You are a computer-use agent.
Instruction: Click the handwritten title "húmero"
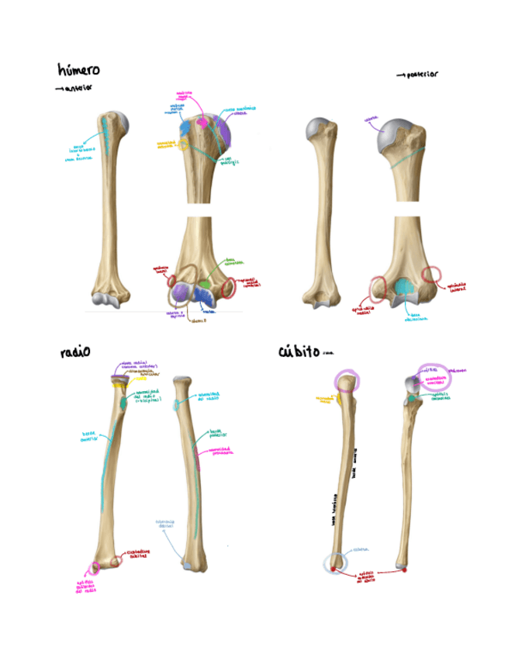(79, 71)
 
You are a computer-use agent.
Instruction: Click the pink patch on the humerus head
(203, 122)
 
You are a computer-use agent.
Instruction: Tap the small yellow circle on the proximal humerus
(184, 144)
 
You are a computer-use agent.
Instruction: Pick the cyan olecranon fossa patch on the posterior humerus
(403, 288)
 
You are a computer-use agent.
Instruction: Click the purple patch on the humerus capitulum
(181, 292)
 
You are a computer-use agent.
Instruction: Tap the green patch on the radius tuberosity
(127, 403)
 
